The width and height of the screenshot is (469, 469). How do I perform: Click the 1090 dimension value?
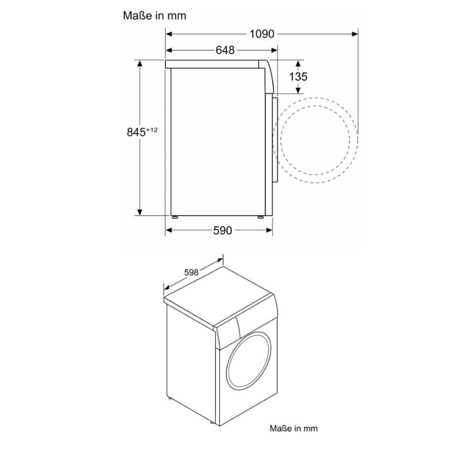pos(261,34)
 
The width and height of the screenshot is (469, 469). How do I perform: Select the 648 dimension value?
pos(225,50)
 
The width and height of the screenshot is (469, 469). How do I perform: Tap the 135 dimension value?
pos(298,77)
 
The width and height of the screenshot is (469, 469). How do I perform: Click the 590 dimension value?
pos(222,230)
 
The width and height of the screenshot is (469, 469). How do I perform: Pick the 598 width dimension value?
pos(191,273)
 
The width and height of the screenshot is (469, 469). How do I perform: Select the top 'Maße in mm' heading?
pos(155,16)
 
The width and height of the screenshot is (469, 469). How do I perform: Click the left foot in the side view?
pos(174,216)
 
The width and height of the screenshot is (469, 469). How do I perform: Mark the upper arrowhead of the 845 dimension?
pos(141,64)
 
